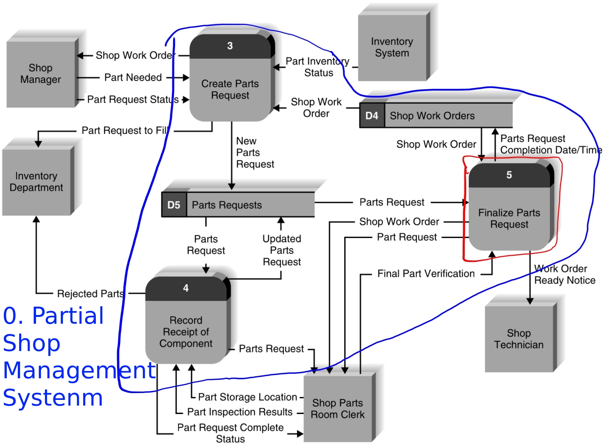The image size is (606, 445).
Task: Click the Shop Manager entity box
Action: pos(41,74)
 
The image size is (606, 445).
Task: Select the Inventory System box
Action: pos(392,47)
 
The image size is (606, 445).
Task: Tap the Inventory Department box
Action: pos(36,182)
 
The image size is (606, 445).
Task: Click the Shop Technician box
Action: pos(519,338)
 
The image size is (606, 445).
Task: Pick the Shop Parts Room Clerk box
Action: pos(337,408)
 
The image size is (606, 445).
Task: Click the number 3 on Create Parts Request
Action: pos(230,46)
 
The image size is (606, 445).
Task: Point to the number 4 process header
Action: pos(186,288)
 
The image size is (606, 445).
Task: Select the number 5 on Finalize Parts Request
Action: pos(509,175)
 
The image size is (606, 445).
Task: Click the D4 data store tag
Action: pos(372,116)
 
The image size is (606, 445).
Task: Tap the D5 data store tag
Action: pos(174,205)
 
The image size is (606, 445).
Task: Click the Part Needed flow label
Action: pos(133,77)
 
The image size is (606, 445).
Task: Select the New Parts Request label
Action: pos(255,152)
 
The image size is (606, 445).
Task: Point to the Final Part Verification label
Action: pos(426,274)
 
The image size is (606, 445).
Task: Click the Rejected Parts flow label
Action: pos(90,294)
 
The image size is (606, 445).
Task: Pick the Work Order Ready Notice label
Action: pos(564,274)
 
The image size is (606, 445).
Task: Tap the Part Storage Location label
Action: pos(247,397)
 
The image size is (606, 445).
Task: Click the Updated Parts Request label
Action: pos(282,250)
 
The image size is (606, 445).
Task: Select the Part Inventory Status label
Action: pos(317,67)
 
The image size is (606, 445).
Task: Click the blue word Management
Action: pos(79,370)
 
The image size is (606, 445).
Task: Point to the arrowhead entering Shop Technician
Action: pos(530,301)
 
